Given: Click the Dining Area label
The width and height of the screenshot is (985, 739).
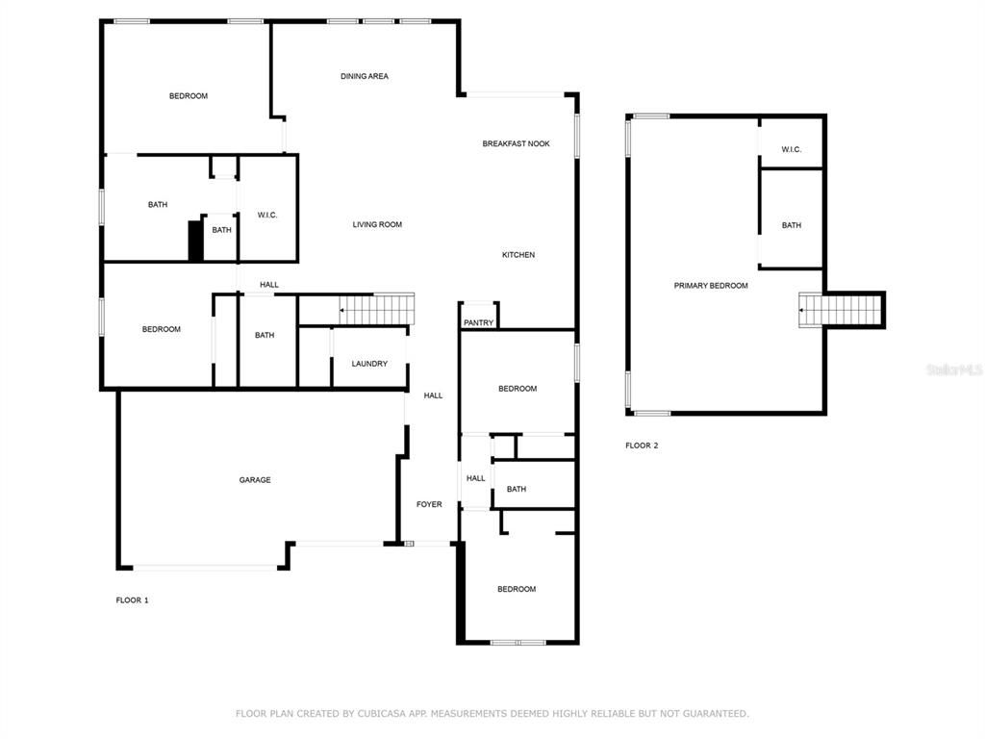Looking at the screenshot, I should [365, 76].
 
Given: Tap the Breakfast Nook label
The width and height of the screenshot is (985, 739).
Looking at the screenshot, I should [516, 143].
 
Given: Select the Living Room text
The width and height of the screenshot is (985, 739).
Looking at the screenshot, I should [377, 224].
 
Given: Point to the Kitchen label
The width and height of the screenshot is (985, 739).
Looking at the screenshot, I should [518, 255].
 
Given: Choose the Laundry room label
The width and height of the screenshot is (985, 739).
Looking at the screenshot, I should [369, 364].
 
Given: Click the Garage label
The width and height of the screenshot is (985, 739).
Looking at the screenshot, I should [255, 480].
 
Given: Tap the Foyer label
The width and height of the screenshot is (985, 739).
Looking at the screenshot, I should [429, 504].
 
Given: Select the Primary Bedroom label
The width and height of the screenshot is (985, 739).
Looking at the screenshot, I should [711, 286].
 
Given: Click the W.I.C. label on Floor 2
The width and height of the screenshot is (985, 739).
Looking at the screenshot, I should [791, 149].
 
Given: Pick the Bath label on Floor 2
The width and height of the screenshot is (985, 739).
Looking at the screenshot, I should [791, 225].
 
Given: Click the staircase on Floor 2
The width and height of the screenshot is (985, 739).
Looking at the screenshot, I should [843, 311].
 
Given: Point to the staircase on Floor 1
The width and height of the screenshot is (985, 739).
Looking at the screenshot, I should [377, 309].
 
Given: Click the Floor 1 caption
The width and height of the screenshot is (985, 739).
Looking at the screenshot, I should [133, 600].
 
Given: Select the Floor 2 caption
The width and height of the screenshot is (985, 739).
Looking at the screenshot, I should [642, 446].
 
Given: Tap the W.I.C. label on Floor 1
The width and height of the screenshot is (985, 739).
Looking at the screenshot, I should [267, 215].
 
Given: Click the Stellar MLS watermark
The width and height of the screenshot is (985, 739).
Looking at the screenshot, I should [954, 369].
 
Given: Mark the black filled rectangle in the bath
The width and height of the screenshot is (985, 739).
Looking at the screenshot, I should [195, 241].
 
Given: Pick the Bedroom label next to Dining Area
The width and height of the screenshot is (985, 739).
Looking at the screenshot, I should [189, 96].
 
